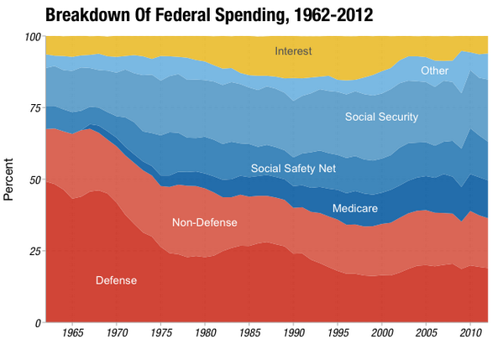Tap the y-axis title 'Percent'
coord(9,180)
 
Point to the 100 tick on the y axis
coord(32,37)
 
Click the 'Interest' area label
coord(293,52)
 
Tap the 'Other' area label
coord(434,71)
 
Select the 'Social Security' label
coord(381,117)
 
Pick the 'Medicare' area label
coord(354,208)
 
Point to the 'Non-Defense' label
coord(204,222)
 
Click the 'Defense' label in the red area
coord(116,280)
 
